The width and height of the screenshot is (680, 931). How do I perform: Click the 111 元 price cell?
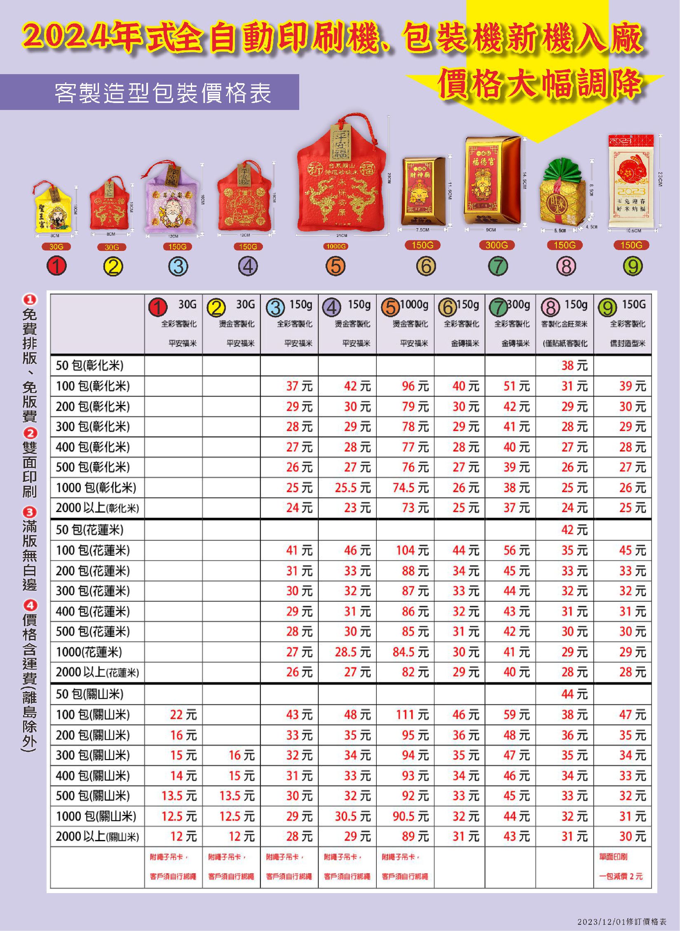pyautogui.click(x=412, y=715)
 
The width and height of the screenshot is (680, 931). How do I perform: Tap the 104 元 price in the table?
pyautogui.click(x=412, y=551)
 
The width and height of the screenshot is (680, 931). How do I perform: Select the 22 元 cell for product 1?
pyautogui.click(x=183, y=715)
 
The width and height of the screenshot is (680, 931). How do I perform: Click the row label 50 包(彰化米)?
pyautogui.click(x=90, y=365)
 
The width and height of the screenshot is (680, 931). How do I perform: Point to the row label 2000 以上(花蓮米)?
pyautogui.click(x=97, y=673)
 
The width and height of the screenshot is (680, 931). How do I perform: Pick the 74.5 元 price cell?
pyautogui.click(x=410, y=488)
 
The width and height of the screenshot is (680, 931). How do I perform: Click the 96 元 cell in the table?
pyautogui.click(x=415, y=386)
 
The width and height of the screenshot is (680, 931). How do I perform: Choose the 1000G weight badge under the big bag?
pyautogui.click(x=335, y=246)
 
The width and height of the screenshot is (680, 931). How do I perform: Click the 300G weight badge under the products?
pyautogui.click(x=497, y=245)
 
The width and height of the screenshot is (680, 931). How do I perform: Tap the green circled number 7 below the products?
pyautogui.click(x=498, y=267)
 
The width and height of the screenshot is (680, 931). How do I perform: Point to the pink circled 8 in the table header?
pyautogui.click(x=551, y=307)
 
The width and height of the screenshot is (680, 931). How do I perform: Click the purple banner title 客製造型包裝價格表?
pyautogui.click(x=163, y=93)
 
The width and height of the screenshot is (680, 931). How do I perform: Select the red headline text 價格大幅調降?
pyautogui.click(x=540, y=84)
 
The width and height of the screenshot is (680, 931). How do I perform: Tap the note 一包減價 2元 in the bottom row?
pyautogui.click(x=621, y=876)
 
